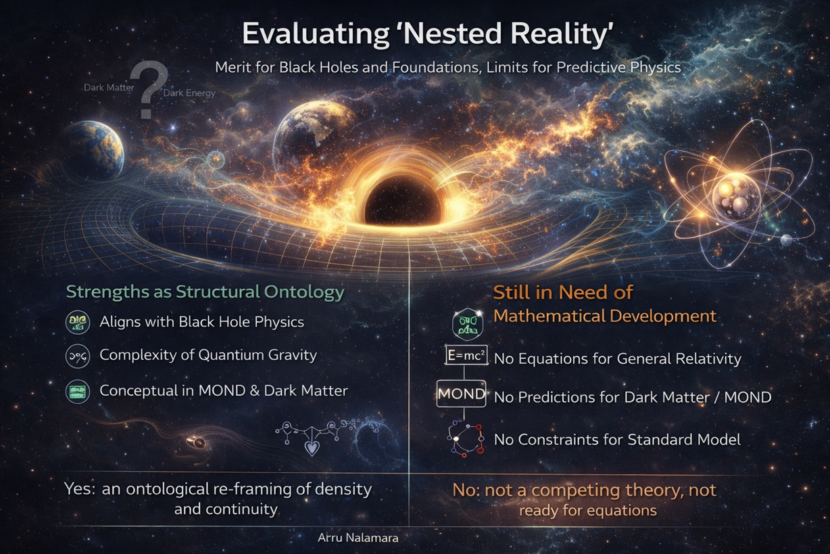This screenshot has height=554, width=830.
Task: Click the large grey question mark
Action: (145, 91)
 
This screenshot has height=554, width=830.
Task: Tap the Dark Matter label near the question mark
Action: (109, 87)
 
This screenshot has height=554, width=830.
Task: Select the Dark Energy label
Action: (189, 93)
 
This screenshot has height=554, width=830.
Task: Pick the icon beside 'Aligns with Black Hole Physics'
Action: (78, 322)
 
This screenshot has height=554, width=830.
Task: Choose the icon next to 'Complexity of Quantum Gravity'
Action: (78, 356)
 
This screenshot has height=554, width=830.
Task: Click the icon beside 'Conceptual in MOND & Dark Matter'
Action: (78, 391)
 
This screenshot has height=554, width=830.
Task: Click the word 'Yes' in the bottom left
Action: (79, 488)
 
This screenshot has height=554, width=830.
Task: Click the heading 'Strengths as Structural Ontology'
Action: (205, 292)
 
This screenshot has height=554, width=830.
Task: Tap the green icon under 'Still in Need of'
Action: (467, 324)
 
